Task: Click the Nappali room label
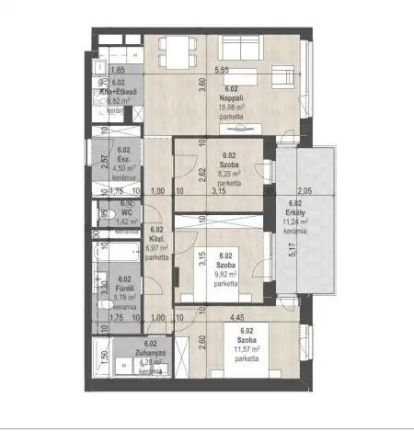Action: [x=232, y=97]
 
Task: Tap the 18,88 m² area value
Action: [x=232, y=107]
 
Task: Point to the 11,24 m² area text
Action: [x=295, y=223]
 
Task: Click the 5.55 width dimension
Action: [x=222, y=71]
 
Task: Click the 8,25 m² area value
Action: [x=229, y=174]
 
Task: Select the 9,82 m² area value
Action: [x=224, y=274]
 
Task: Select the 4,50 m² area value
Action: [x=124, y=168]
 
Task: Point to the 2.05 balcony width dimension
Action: [x=305, y=191]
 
